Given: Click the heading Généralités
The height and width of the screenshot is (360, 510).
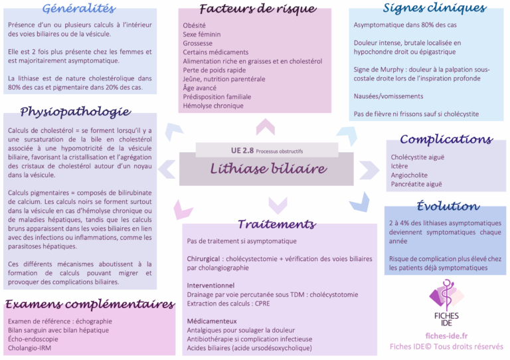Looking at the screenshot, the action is (x=79, y=9).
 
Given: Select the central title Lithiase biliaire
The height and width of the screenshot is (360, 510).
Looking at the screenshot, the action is (x=268, y=169).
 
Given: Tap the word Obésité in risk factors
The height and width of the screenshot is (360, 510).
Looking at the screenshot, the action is (x=194, y=25).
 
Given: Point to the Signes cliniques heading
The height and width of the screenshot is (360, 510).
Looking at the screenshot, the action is (x=434, y=8).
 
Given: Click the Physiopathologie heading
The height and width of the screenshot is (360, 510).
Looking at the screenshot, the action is (x=76, y=112).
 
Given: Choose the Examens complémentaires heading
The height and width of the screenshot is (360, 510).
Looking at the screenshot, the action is (x=90, y=304).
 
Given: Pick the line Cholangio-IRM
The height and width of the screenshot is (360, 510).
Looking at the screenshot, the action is (x=30, y=348).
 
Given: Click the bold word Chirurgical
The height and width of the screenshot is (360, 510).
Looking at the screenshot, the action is (x=203, y=259).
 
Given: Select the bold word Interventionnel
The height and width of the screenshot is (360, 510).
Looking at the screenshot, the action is (x=211, y=286).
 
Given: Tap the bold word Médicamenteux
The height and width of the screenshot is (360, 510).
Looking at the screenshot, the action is (x=212, y=321).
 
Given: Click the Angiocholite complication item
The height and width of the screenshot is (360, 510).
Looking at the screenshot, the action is (x=409, y=175).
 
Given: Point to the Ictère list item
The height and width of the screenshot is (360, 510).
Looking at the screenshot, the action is (x=399, y=166).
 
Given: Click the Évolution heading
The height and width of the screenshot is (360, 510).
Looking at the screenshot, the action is (x=448, y=206).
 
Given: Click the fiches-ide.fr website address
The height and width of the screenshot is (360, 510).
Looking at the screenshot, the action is (x=446, y=336).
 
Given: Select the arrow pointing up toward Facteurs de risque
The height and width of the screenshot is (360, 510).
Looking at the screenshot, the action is (x=266, y=127).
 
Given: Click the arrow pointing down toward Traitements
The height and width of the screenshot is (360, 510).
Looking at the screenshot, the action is (x=278, y=205).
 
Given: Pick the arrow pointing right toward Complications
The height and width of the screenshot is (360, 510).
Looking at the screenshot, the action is (x=369, y=170).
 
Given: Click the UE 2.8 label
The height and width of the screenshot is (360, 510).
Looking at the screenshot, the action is (x=242, y=150).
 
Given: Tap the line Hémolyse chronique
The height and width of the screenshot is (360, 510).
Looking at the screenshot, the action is (x=213, y=106).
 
